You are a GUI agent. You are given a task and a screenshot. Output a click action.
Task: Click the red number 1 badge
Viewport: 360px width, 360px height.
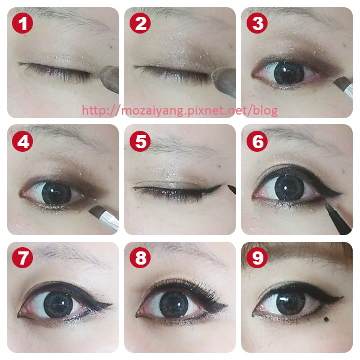coord(23,23)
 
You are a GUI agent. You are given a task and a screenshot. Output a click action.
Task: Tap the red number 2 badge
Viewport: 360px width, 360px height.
coord(140,23)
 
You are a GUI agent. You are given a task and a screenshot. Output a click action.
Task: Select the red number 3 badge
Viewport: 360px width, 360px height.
coord(257,23)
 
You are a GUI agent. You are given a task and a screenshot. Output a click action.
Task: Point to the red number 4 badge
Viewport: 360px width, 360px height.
coord(23,141)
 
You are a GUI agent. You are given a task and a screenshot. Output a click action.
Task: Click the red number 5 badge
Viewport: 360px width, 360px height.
coord(140,141)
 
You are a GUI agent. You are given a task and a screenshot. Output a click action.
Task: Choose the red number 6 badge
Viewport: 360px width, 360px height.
coord(257,141)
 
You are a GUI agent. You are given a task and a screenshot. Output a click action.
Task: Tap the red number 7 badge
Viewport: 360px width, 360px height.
coord(23,257)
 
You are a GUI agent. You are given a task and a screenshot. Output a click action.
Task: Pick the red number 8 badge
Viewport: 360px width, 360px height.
coord(140,257)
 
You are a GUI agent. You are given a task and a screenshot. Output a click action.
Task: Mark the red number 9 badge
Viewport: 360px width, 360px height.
coord(257,257)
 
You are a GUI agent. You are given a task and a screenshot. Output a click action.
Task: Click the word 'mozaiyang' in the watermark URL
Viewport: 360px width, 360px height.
coord(156,111)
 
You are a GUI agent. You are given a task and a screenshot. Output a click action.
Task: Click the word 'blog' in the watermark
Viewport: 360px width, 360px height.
coord(265,111)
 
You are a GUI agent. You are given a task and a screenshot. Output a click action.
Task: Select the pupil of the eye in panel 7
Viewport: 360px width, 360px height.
coord(58,304)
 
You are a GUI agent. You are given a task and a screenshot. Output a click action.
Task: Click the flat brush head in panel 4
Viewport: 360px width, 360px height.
coord(97,211)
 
